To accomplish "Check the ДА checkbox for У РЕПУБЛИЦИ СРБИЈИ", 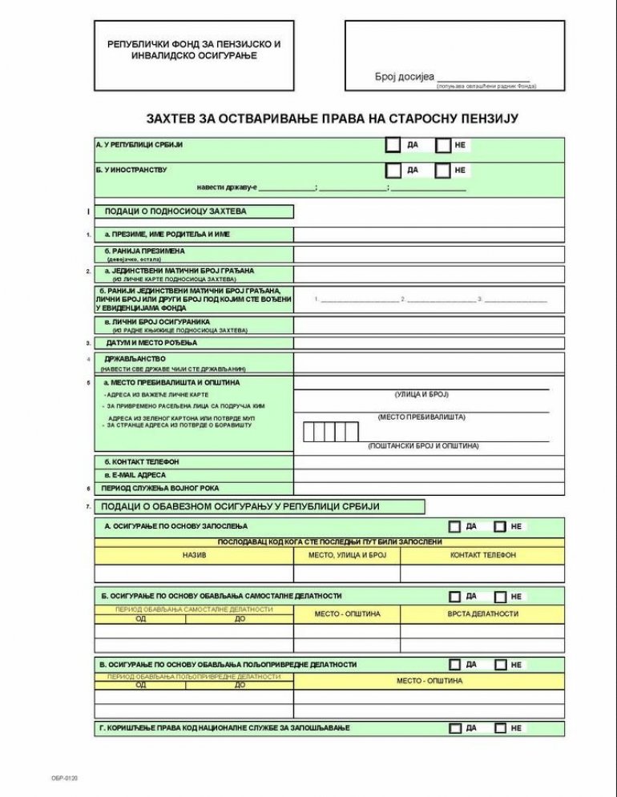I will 393,145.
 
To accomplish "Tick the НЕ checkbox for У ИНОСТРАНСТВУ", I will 443,171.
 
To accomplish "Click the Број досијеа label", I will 405,77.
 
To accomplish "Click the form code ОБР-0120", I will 64,778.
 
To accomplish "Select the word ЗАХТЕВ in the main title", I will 171,119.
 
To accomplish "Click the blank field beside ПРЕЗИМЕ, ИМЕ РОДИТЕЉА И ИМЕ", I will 429,235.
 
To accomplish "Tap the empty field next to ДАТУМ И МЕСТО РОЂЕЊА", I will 429,343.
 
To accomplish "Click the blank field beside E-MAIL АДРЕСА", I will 429,475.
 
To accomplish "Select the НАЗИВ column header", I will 194,555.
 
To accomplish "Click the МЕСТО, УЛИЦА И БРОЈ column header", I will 347,555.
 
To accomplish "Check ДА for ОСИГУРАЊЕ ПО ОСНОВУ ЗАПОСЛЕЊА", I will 454,527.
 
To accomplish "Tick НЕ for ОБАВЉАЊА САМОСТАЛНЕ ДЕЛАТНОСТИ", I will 500,597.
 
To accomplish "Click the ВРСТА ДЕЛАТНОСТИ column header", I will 482,614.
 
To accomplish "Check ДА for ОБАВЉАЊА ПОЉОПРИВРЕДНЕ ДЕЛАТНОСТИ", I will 454,665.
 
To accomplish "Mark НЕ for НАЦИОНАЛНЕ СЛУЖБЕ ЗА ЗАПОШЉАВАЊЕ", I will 500,728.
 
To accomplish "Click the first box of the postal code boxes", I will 308,432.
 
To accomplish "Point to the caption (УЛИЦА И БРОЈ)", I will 421,395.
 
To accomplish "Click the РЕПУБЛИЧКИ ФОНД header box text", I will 194,50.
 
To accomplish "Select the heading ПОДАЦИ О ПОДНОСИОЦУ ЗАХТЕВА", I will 175,212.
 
